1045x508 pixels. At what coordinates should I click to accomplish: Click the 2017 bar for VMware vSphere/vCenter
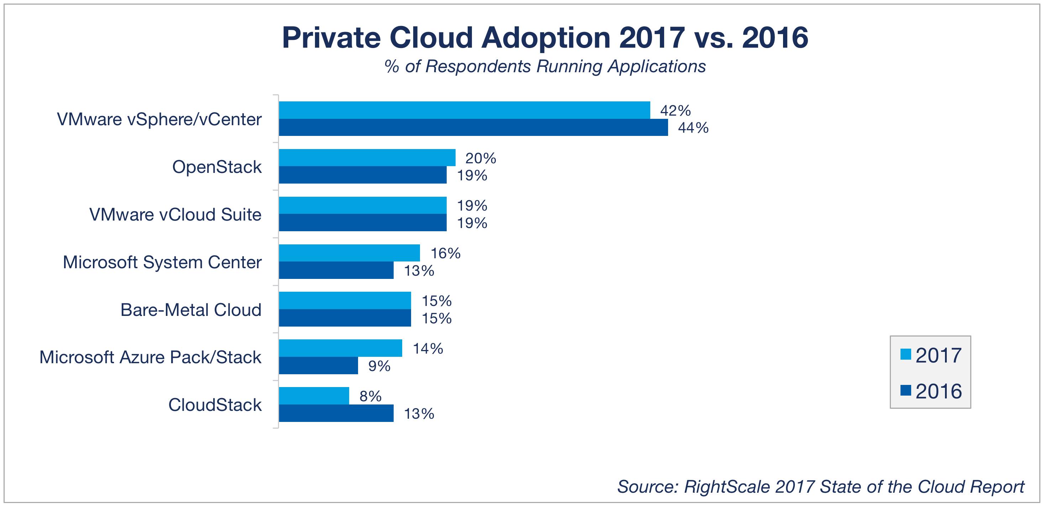[464, 110]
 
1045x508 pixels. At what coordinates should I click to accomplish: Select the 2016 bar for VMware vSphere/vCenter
[473, 127]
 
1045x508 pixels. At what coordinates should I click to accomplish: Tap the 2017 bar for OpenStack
[367, 158]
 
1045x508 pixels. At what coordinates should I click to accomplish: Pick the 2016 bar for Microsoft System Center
[336, 270]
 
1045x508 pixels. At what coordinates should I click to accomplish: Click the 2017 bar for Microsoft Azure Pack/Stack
[340, 348]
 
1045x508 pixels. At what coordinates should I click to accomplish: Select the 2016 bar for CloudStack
[336, 413]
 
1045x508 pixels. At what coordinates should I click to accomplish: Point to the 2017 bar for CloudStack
[314, 396]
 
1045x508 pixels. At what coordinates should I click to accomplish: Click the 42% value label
[675, 110]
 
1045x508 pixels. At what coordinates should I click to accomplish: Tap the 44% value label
[693, 128]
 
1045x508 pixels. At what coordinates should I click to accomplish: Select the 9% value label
[379, 366]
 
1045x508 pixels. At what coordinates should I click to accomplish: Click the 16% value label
[445, 253]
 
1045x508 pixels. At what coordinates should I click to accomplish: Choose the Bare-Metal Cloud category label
[191, 310]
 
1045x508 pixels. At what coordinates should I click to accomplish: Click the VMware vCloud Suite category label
[175, 215]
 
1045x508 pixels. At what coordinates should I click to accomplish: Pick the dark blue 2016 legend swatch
[906, 390]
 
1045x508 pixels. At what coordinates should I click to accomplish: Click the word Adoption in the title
[546, 38]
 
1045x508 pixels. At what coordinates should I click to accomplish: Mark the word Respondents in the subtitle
[478, 66]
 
